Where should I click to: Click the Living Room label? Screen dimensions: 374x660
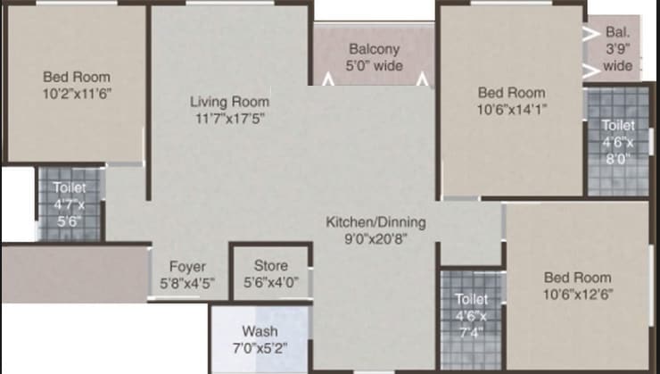click(229, 102)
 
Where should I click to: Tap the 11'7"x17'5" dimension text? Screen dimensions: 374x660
click(229, 117)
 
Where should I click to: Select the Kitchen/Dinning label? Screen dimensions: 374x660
click(375, 222)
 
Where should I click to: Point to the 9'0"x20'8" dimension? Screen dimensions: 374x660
click(375, 238)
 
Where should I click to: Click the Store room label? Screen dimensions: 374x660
click(271, 266)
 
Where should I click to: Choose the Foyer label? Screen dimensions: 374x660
click(187, 267)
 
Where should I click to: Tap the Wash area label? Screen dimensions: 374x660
click(260, 331)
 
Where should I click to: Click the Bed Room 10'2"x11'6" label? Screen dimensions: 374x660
click(76, 84)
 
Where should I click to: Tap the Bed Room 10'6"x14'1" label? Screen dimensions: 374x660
click(511, 100)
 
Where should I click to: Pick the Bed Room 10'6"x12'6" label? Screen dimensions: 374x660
click(578, 285)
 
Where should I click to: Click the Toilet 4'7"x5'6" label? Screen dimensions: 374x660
click(69, 204)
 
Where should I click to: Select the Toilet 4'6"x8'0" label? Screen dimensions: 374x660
click(618, 142)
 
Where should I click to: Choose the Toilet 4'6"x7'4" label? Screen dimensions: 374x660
click(472, 315)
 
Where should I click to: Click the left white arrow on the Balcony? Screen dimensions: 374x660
click(328, 80)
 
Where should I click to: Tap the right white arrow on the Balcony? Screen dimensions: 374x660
click(424, 80)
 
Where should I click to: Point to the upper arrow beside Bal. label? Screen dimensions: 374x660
click(590, 33)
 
